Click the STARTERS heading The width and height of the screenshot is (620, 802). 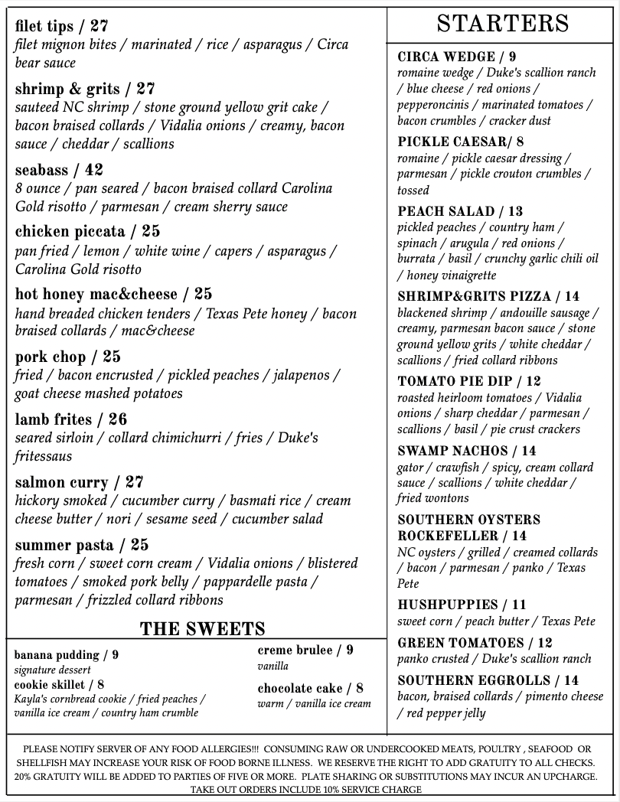pos(503,24)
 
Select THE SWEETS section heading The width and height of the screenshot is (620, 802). pos(202,629)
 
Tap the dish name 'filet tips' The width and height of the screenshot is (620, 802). pos(44,26)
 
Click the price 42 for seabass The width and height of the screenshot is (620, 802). pos(93,170)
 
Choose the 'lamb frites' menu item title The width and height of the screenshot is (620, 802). pos(53,419)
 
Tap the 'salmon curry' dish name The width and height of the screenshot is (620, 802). pos(61,482)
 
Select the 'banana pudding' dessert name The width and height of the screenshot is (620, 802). pos(57,655)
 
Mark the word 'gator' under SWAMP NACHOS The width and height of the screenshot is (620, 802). pos(410,468)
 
